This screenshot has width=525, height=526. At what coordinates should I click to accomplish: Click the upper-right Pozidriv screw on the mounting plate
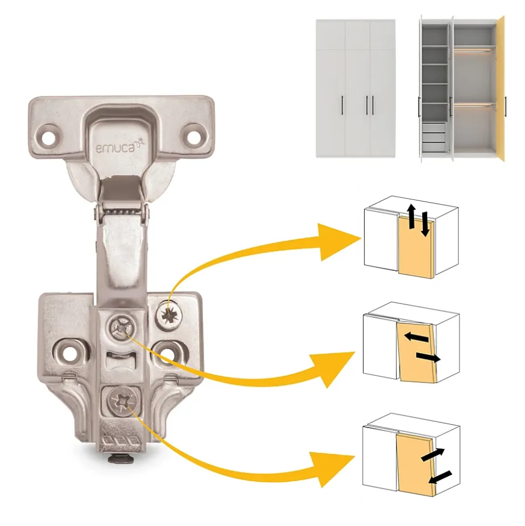pos(169,314)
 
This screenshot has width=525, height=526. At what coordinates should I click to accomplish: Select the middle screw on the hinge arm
pos(122,327)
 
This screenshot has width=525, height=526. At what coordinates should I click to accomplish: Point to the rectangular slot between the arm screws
pos(121,360)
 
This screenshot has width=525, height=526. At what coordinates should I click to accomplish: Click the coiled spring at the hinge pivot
pos(121,212)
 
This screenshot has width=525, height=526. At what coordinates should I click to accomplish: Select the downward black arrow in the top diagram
pos(425,224)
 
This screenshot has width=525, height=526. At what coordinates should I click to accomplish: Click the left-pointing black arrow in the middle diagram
pos(416,337)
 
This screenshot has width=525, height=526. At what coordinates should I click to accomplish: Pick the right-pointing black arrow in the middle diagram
pos(428,358)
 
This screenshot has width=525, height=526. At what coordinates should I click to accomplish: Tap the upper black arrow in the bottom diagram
pos(432,454)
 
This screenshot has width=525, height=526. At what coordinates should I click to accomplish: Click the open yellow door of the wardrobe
pos(500,88)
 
